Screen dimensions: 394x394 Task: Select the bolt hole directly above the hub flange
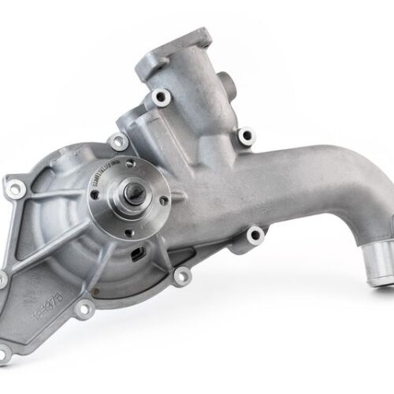(120, 143)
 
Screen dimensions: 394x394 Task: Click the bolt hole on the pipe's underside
(254, 234)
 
